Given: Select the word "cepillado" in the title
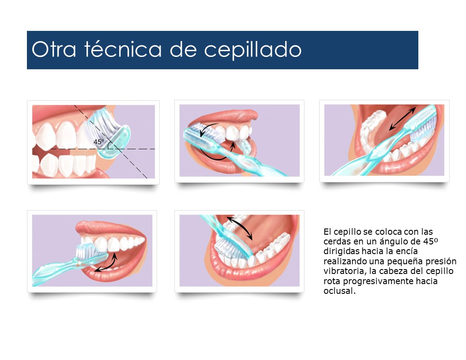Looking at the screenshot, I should (x=253, y=50).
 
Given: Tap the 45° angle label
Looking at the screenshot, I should (x=98, y=142).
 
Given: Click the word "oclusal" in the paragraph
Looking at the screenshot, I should (x=338, y=292).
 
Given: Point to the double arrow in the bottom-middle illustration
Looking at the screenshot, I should (x=240, y=228).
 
